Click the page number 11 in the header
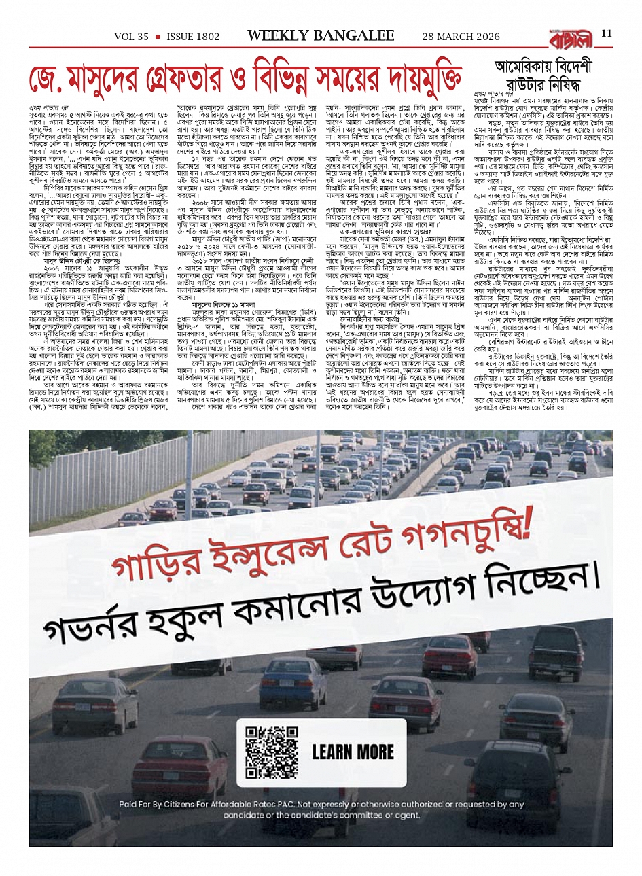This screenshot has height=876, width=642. [606, 35]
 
